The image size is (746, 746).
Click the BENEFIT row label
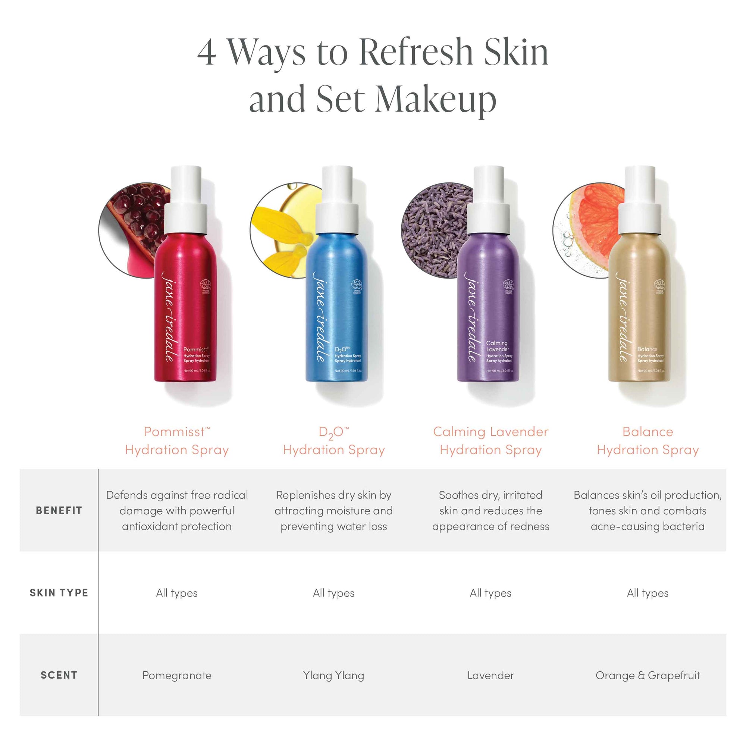pyautogui.click(x=59, y=511)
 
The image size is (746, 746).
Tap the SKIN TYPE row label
pyautogui.click(x=59, y=593)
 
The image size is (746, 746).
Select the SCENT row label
pyautogui.click(x=59, y=675)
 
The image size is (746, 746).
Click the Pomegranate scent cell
pyautogui.click(x=177, y=676)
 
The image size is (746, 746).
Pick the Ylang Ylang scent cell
pyautogui.click(x=333, y=676)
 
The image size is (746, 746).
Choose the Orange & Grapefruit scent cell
pyautogui.click(x=648, y=676)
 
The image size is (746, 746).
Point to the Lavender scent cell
pyautogui.click(x=490, y=676)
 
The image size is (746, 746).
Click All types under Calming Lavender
pyautogui.click(x=490, y=593)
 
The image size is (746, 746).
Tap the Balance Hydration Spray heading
pyautogui.click(x=648, y=441)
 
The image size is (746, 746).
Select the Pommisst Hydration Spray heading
pyautogui.click(x=177, y=441)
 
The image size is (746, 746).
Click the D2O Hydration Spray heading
pyautogui.click(x=333, y=441)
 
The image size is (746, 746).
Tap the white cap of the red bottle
pyautogui.click(x=186, y=201)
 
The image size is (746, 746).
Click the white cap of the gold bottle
pyautogui.click(x=640, y=201)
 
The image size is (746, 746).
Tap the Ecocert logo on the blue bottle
pyautogui.click(x=356, y=285)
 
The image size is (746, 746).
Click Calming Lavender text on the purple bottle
pyautogui.click(x=497, y=346)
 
